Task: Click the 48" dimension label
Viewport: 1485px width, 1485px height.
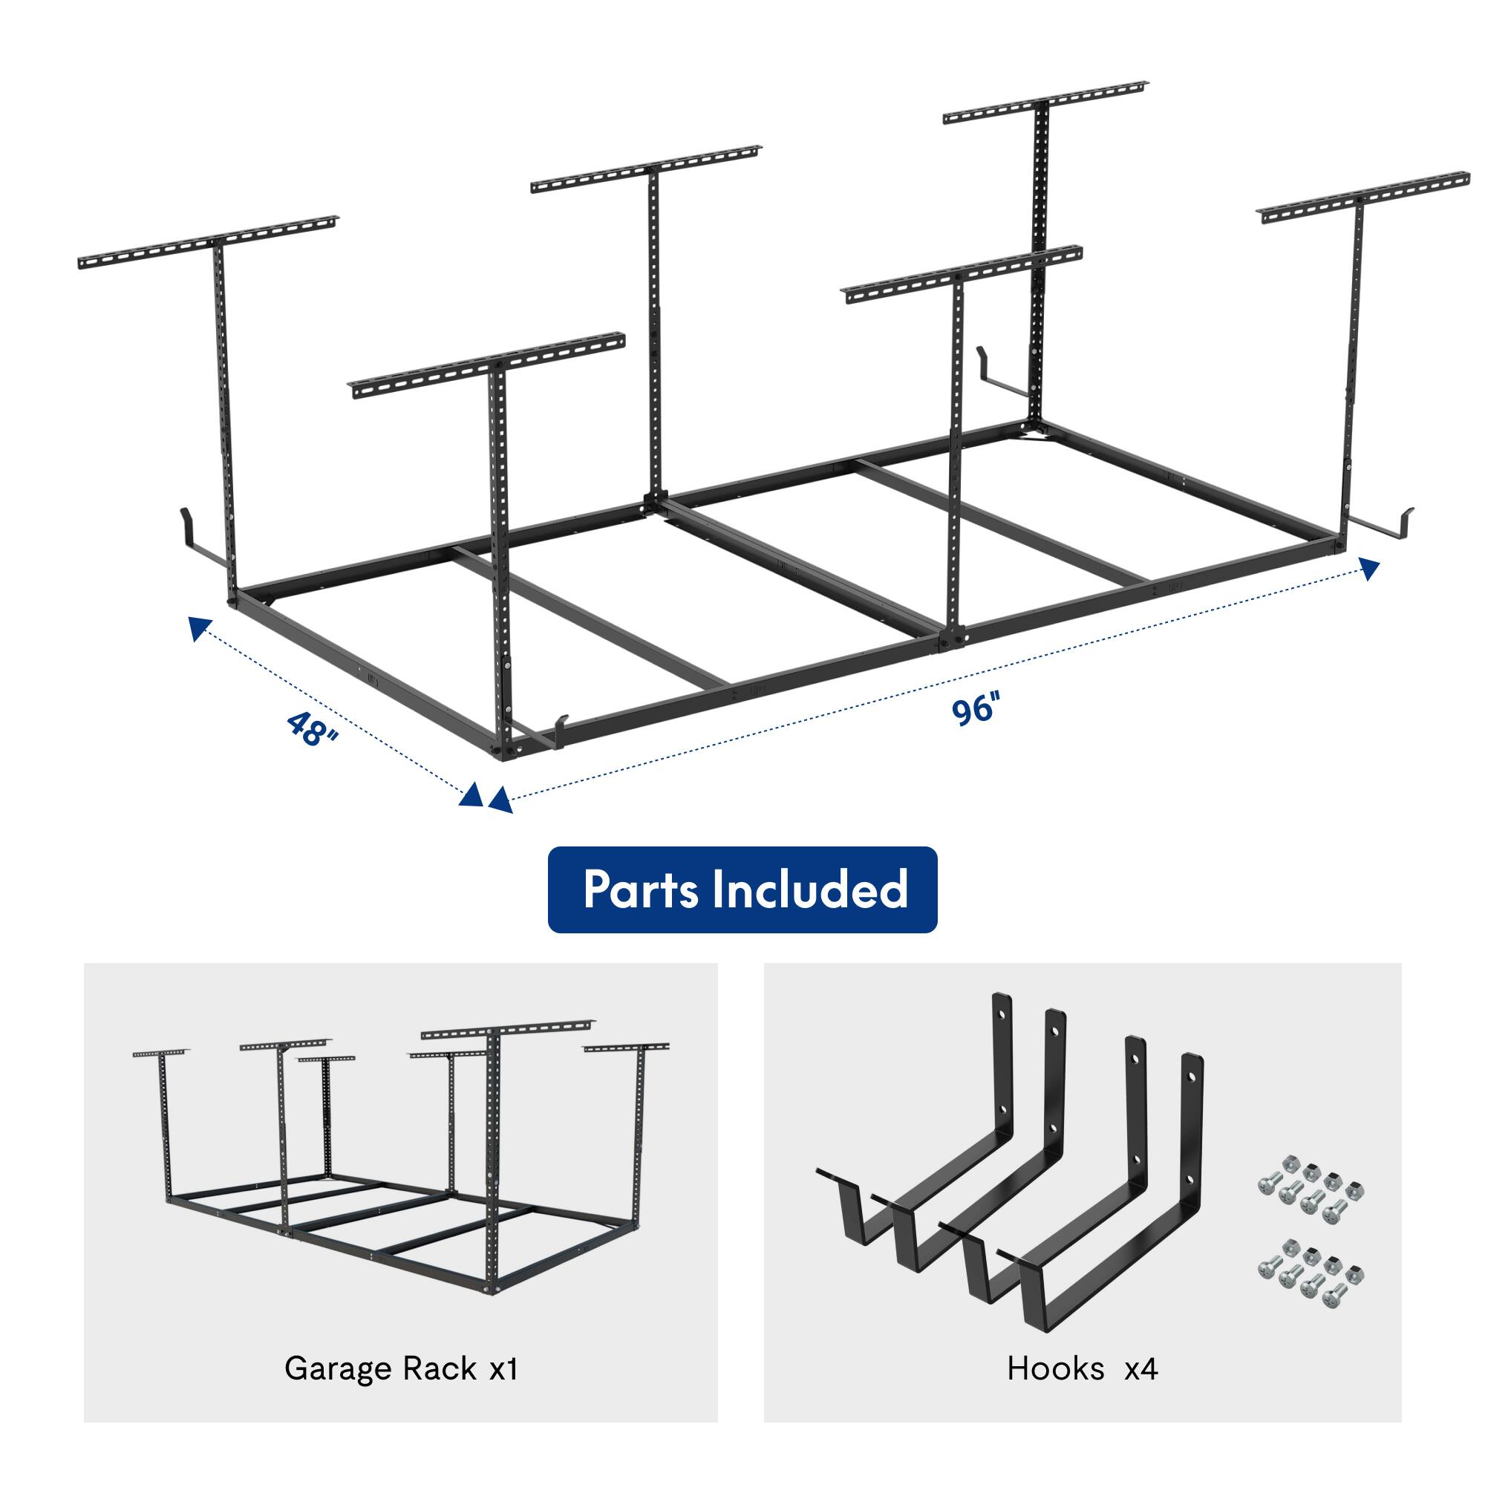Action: point(312,727)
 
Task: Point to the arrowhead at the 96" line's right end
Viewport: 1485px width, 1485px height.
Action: point(1371,568)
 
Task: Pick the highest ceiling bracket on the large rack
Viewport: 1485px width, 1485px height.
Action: point(1045,101)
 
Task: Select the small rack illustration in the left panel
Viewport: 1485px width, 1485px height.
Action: point(399,1161)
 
